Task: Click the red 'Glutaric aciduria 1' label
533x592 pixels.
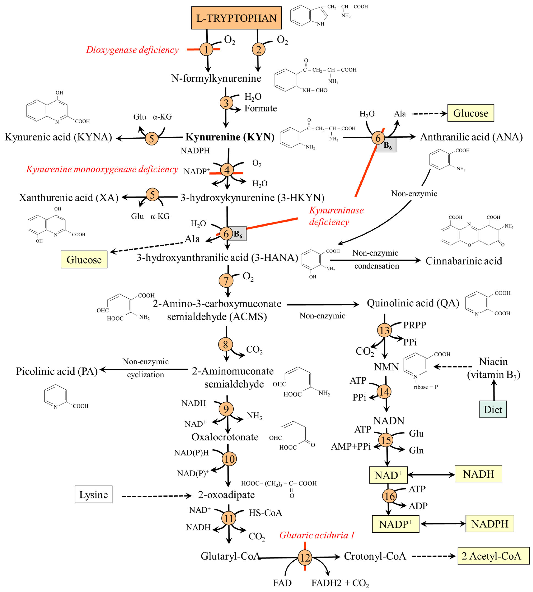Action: (x=317, y=535)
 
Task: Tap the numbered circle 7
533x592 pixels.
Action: (x=226, y=281)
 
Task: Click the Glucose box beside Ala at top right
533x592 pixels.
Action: (x=471, y=113)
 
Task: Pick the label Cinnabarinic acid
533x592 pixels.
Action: (x=464, y=261)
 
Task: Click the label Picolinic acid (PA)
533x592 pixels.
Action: (x=57, y=371)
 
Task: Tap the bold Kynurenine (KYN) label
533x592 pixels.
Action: (x=230, y=137)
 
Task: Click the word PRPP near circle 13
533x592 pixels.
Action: (x=414, y=325)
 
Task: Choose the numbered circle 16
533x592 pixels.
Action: (x=389, y=496)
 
